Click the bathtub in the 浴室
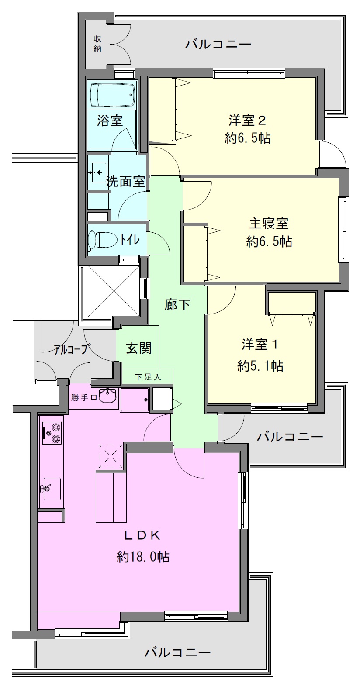[x=112, y=95]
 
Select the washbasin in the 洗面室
[x=98, y=172]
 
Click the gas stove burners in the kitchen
[x=52, y=433]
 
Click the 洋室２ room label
[x=247, y=121]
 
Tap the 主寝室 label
[x=269, y=223]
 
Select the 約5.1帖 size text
[x=260, y=366]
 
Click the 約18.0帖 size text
[x=143, y=556]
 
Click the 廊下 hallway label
[x=177, y=304]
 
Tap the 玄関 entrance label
[x=139, y=348]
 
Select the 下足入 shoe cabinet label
[x=148, y=377]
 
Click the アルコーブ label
[x=73, y=349]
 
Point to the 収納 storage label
[x=97, y=44]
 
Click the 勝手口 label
[x=84, y=398]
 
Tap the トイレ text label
[x=130, y=239]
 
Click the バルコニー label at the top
[x=218, y=45]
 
